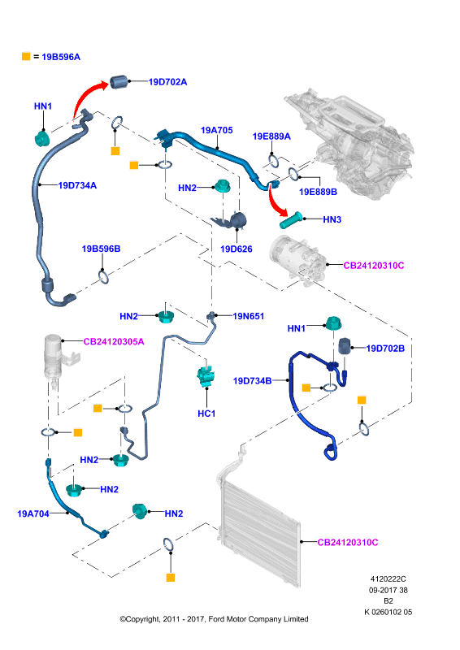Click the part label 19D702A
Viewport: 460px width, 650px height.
(x=167, y=82)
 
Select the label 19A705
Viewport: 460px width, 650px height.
(x=216, y=130)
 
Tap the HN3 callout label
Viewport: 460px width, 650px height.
(x=332, y=219)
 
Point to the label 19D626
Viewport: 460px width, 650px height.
(x=236, y=249)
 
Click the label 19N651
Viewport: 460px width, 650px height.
(x=249, y=316)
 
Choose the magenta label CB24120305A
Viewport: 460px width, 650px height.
(x=114, y=341)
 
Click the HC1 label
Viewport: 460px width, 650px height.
(x=206, y=414)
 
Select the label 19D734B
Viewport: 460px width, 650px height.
(x=252, y=380)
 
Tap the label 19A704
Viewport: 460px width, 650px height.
(x=33, y=513)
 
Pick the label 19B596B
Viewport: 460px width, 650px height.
(x=101, y=249)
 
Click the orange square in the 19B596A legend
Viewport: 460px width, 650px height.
(x=26, y=56)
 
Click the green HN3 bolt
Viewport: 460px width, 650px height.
(x=292, y=220)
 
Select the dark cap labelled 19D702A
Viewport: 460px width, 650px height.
(x=119, y=82)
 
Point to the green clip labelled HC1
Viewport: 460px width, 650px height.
(x=206, y=375)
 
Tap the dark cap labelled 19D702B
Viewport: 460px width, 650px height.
(x=345, y=346)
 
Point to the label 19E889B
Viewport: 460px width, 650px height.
(x=318, y=192)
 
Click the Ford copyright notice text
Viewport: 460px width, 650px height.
(x=214, y=619)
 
